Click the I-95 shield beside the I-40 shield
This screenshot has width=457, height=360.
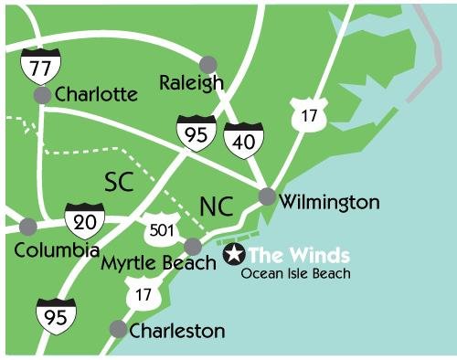tap(197, 132)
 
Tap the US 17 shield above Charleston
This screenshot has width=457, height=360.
tap(139, 293)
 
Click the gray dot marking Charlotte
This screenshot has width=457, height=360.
tap(42, 94)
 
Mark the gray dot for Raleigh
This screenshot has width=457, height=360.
tap(209, 64)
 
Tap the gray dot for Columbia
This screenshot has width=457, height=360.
tap(28, 225)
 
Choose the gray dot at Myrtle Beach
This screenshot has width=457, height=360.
tap(193, 246)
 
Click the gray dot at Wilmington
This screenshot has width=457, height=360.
tap(267, 196)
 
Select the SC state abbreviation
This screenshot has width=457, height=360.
tap(118, 181)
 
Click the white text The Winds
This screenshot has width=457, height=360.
tap(298, 255)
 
